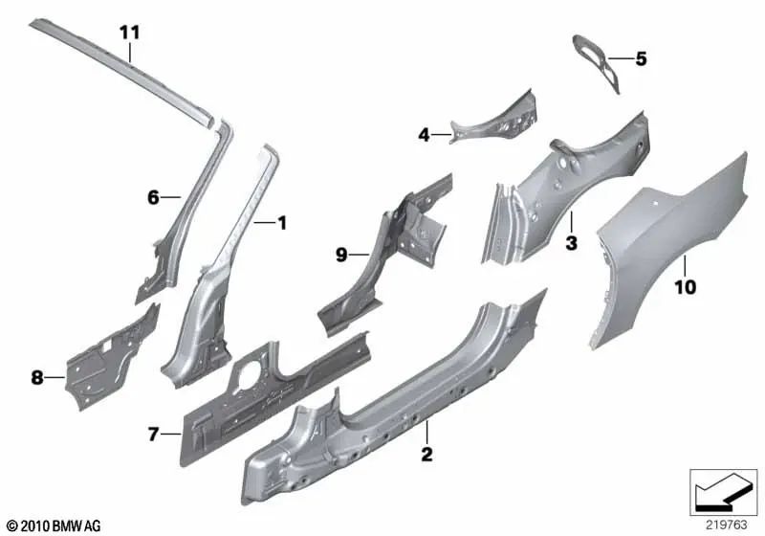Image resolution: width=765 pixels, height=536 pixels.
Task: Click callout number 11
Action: coord(129,32)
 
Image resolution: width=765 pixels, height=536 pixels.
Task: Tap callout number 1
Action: coord(281,223)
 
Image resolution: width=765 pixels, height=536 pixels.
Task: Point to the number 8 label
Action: coord(37,378)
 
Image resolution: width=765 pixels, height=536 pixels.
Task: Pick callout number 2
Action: coord(427,453)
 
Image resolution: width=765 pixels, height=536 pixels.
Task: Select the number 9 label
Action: coord(340,255)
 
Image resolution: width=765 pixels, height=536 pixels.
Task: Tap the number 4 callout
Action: coord(424,136)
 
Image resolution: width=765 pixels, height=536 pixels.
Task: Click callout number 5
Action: coord(641,59)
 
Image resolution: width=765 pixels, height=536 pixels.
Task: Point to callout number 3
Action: coord(571,243)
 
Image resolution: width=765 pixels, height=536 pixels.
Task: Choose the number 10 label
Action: coord(686,285)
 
